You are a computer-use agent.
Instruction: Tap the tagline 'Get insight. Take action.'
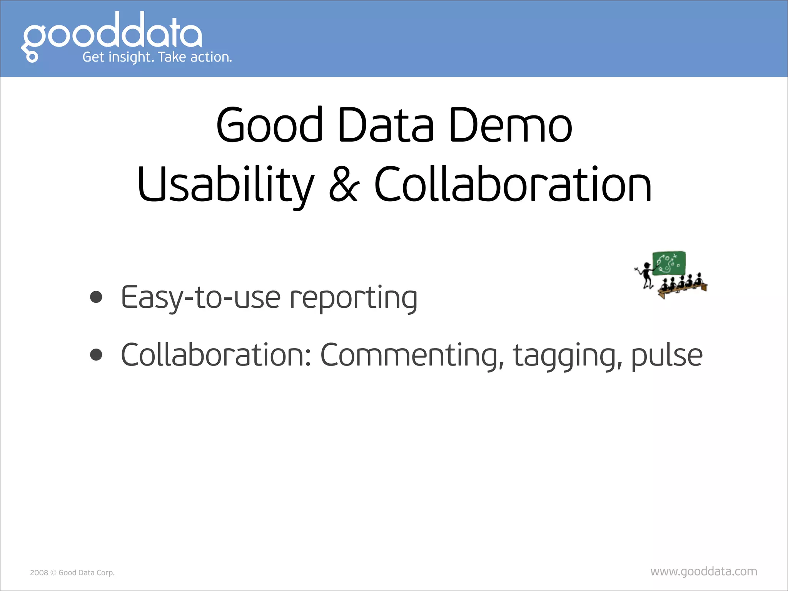coord(157,57)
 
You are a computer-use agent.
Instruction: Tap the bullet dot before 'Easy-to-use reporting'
coord(96,297)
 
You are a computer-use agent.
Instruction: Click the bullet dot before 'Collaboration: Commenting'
coord(96,355)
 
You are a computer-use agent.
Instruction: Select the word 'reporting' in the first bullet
coord(353,298)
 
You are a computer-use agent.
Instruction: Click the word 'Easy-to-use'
coord(200,298)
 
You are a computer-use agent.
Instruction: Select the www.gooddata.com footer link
coord(704,571)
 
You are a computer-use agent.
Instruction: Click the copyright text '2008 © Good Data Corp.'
coord(72,573)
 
